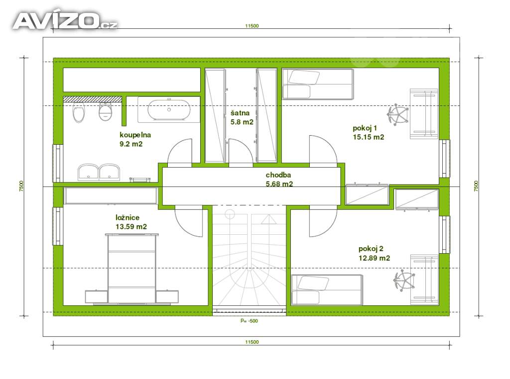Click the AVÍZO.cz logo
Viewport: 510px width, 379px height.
tap(65, 21)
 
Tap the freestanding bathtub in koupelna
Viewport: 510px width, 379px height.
tap(169, 110)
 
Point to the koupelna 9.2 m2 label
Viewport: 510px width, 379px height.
tap(135, 139)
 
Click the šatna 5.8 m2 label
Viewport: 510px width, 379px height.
tap(242, 117)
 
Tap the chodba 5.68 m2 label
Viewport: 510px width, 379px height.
tap(279, 179)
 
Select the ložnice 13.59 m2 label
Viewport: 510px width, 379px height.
tap(131, 222)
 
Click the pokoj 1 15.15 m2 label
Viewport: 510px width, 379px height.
tap(368, 132)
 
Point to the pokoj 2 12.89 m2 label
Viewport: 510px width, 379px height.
tap(374, 253)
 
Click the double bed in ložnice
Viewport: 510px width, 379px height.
tap(131, 269)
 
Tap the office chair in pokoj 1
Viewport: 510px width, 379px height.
tap(397, 114)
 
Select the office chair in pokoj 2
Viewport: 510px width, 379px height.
tap(404, 280)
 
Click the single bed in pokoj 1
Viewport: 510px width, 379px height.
tap(317, 84)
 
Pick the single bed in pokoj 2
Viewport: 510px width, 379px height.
tap(327, 290)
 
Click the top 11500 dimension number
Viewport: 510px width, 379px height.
tap(252, 26)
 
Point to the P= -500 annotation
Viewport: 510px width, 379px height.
tap(249, 321)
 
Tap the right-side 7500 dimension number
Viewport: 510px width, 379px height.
tap(476, 186)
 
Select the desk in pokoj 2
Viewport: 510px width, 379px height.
tap(424, 280)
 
